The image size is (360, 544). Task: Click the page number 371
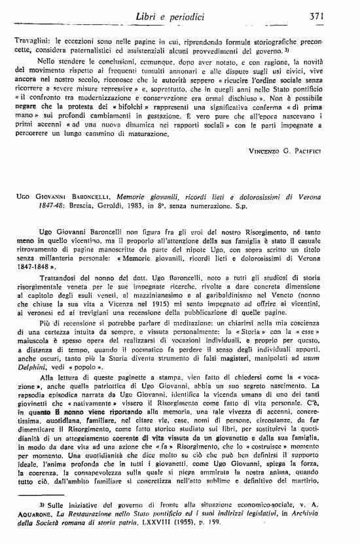click(338, 15)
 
